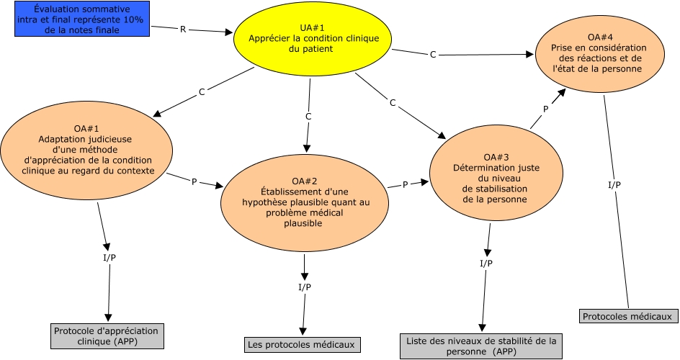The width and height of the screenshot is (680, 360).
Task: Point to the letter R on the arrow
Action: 182,30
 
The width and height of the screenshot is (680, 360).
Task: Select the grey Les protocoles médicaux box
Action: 300,345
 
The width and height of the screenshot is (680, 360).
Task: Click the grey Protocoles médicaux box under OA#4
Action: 627,316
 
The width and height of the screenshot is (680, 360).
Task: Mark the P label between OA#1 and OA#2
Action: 194,182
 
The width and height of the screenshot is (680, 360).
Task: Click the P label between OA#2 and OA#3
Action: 405,185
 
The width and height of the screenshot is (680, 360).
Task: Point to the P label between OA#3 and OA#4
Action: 545,109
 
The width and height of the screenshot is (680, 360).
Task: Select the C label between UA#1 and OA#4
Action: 433,55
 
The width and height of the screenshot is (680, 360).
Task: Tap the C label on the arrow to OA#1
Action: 202,93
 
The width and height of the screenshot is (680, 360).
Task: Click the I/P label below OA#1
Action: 109,258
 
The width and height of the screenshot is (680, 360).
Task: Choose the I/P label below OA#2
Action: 305,288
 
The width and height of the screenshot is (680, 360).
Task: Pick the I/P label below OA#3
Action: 486,264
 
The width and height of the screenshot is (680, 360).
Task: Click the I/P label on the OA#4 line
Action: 614,185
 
